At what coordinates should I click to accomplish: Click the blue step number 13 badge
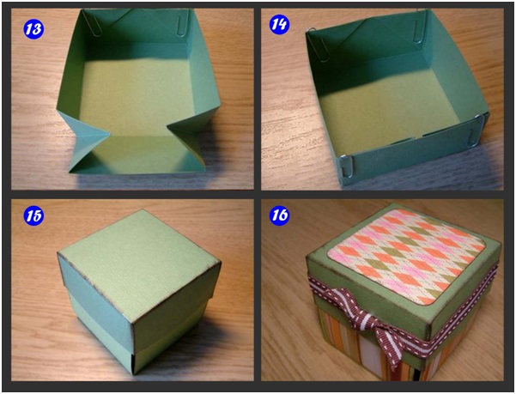33,28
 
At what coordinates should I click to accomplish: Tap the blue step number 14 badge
279,25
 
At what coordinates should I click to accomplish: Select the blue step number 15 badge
33,215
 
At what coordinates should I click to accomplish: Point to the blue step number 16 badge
279,215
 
